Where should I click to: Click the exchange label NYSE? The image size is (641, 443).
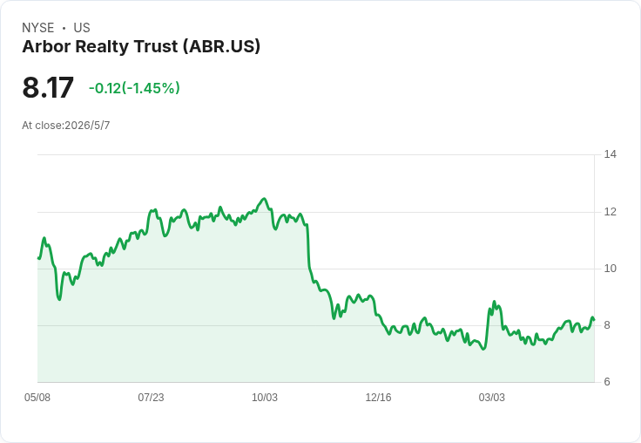pyautogui.click(x=38, y=28)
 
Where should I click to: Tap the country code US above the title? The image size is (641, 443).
pyautogui.click(x=82, y=28)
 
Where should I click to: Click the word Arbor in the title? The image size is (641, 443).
pyautogui.click(x=47, y=46)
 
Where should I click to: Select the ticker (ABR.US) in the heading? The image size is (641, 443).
pyautogui.click(x=221, y=46)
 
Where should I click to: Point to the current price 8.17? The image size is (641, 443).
pyautogui.click(x=48, y=87)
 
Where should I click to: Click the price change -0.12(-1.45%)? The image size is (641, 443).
pyautogui.click(x=134, y=88)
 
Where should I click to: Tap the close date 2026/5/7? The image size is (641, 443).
pyautogui.click(x=87, y=126)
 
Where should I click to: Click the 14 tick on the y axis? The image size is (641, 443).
pyautogui.click(x=611, y=154)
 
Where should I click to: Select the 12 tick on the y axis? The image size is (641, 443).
pyautogui.click(x=611, y=212)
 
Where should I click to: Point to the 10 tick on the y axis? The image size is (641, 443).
pyautogui.click(x=611, y=269)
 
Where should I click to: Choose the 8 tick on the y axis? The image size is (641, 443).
pyautogui.click(x=607, y=325)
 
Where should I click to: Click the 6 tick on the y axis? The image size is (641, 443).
pyautogui.click(x=607, y=382)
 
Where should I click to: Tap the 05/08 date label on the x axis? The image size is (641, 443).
pyautogui.click(x=37, y=398)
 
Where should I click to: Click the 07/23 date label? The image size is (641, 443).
pyautogui.click(x=151, y=398)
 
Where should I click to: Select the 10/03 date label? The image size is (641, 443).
pyautogui.click(x=265, y=398)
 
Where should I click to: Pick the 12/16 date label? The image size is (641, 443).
pyautogui.click(x=378, y=398)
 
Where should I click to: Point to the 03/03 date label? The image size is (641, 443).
pyautogui.click(x=492, y=398)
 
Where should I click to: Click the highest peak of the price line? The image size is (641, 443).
pyautogui.click(x=264, y=199)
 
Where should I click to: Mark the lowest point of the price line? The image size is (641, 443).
pyautogui.click(x=483, y=349)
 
